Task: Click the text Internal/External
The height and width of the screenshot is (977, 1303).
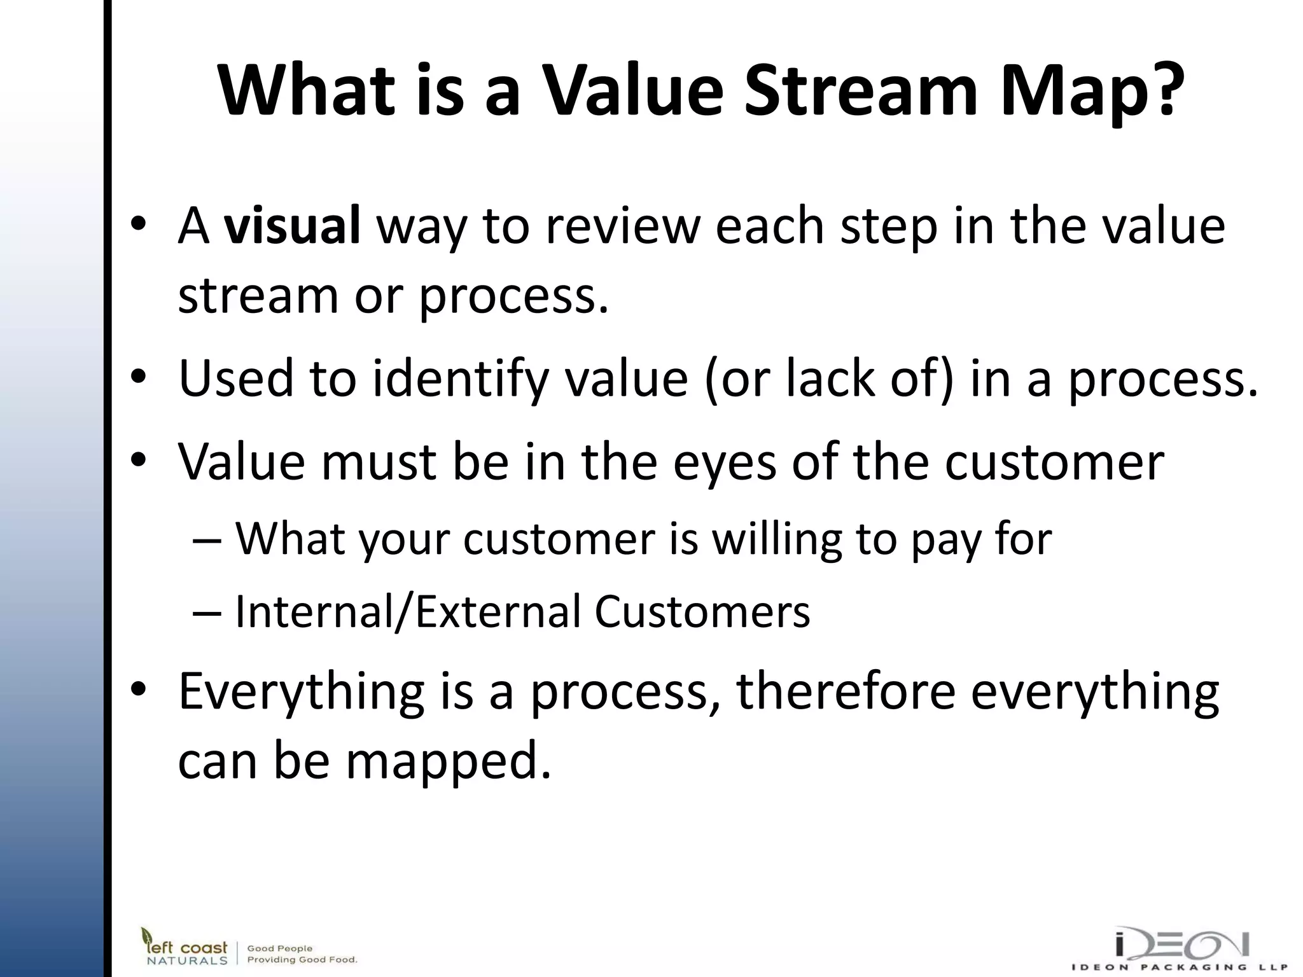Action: coord(407,612)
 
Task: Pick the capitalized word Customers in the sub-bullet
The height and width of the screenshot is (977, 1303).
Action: coord(702,612)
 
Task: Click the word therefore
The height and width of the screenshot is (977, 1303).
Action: coord(846,691)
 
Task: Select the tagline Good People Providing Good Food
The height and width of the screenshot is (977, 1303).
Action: coord(302,953)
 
